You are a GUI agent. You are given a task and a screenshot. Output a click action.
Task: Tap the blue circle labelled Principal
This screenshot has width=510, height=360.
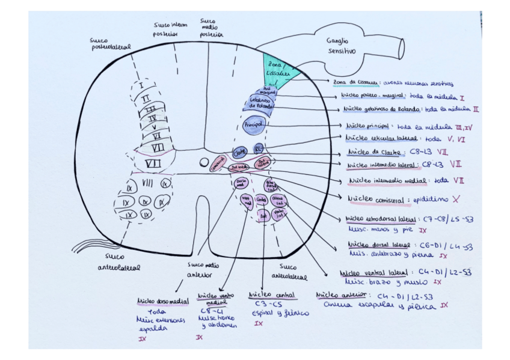[253, 124]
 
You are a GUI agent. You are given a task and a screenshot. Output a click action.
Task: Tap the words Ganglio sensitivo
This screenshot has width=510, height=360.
[342, 46]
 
